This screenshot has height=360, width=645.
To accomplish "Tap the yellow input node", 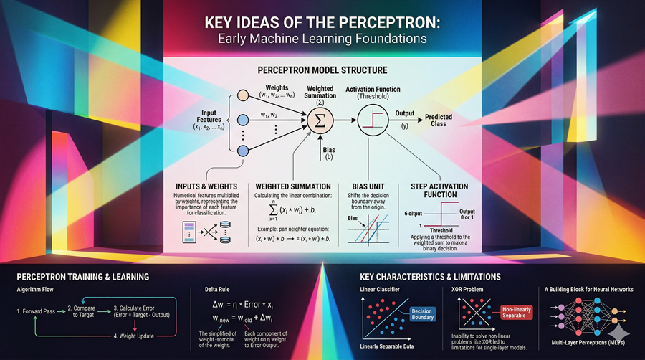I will pyautogui.click(x=243, y=98).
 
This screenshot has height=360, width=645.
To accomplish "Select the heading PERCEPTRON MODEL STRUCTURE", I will pyautogui.click(x=322, y=70).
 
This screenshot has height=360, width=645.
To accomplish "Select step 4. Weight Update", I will pyautogui.click(x=139, y=335).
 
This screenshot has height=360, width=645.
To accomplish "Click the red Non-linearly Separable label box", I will pyautogui.click(x=515, y=314).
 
